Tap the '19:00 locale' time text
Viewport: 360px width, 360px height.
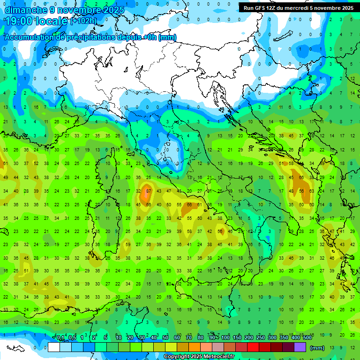click(x=36, y=21)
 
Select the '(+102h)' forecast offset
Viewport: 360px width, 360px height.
click(x=83, y=21)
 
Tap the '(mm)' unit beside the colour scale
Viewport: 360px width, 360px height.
click(x=317, y=348)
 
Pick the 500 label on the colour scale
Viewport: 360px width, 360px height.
click(x=307, y=338)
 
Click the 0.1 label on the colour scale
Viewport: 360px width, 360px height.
click(x=60, y=338)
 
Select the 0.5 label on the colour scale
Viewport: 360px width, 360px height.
click(x=72, y=338)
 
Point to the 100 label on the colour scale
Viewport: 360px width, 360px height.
click(x=225, y=338)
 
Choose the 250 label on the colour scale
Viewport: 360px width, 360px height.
click(x=261, y=338)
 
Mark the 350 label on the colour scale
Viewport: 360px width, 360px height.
click(x=284, y=338)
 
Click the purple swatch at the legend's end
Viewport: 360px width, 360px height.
click(x=300, y=347)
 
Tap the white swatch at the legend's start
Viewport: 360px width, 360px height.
click(x=54, y=347)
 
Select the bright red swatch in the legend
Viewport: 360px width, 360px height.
click(x=253, y=347)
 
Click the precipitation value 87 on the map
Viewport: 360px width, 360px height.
click(x=149, y=191)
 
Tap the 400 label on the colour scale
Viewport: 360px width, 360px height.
click(x=296, y=338)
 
